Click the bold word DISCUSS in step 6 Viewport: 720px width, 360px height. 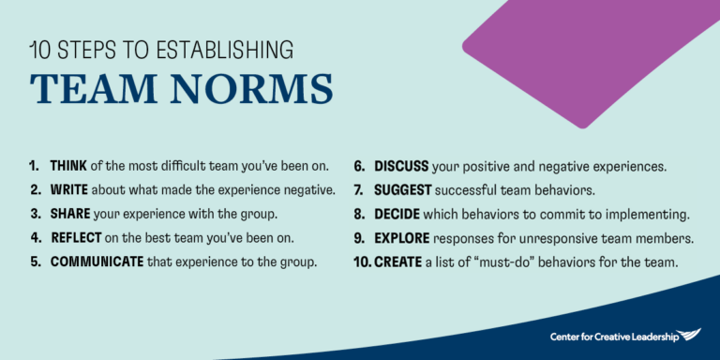[x=401, y=167]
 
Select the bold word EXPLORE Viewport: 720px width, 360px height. [x=402, y=237]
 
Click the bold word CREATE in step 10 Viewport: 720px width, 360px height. [x=397, y=261]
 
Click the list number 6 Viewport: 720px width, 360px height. [x=359, y=167]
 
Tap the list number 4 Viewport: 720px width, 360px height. [x=34, y=237]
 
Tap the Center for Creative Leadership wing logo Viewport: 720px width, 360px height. [x=687, y=335]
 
